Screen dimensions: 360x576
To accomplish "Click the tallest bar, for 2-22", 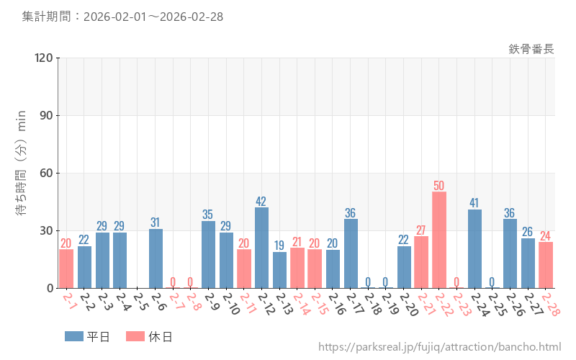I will (x=439, y=240).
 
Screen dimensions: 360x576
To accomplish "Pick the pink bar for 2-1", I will (x=66, y=269).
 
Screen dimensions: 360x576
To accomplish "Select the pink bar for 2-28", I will (x=546, y=265).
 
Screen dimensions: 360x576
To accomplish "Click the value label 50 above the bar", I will (x=439, y=186).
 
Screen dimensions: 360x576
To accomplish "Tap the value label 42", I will (x=262, y=201).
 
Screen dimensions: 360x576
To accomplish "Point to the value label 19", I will (x=280, y=246).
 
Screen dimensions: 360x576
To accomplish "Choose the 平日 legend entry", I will (x=86, y=336).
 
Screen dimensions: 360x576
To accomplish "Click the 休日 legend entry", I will (x=148, y=336).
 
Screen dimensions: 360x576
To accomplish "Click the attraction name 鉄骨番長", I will (x=531, y=49).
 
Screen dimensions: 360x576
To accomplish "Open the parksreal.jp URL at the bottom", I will (x=439, y=348).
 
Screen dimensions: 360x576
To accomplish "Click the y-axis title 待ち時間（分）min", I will (x=22, y=173).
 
